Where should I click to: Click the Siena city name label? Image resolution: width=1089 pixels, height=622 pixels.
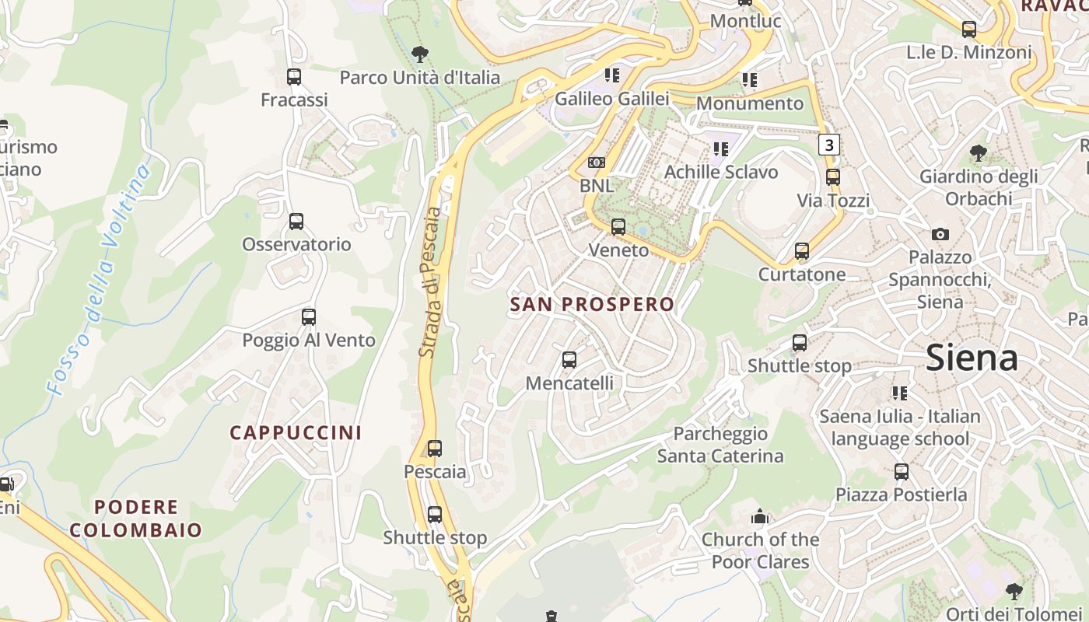(x=972, y=358)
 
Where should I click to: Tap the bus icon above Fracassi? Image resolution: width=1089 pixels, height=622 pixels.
(x=293, y=77)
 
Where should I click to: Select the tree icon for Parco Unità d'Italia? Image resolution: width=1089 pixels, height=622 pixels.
(x=420, y=54)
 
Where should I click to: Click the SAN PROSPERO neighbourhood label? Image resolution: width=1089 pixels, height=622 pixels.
(x=592, y=304)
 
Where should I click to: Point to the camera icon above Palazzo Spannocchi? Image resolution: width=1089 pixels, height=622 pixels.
(x=940, y=234)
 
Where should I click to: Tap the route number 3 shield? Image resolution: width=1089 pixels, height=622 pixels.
(x=829, y=145)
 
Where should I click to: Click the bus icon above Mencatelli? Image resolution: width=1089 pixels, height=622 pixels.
(x=569, y=360)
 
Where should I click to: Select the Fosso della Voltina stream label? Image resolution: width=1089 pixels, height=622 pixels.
(x=97, y=280)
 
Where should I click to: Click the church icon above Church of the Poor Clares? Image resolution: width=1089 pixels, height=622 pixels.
(x=760, y=516)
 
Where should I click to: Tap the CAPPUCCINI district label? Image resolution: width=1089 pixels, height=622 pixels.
(x=296, y=433)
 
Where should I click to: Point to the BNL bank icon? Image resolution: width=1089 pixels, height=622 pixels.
(x=597, y=162)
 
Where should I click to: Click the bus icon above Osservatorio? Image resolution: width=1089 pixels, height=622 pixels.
(x=296, y=222)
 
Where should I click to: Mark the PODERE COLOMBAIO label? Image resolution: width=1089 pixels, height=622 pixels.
(x=136, y=519)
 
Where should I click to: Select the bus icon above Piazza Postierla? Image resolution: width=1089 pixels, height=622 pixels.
(x=901, y=472)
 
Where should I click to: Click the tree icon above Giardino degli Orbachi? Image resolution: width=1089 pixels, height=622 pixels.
(x=979, y=153)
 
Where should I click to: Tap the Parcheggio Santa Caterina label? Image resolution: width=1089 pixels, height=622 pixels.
(x=720, y=445)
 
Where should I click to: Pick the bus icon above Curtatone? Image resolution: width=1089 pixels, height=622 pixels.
(x=802, y=251)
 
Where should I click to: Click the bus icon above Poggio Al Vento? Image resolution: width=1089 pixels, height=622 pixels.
(x=309, y=317)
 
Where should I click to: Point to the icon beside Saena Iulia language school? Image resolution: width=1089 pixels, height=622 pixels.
(x=900, y=393)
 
